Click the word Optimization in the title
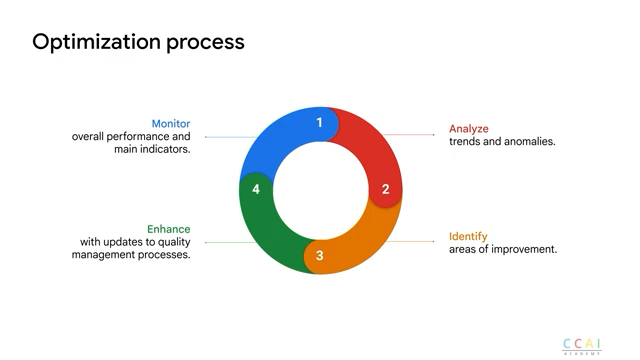[x=96, y=42]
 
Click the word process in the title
[x=205, y=43]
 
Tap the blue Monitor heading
[x=171, y=124]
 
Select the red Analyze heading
[x=469, y=129]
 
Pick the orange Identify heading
[x=468, y=237]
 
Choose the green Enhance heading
[x=169, y=229]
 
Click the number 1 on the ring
[x=320, y=122]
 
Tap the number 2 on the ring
[x=386, y=189]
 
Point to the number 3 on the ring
[x=320, y=256]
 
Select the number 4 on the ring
[x=256, y=189]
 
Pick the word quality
[x=174, y=242]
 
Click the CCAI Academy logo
[x=582, y=347]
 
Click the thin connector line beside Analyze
[x=408, y=134]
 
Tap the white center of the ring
[x=321, y=190]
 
